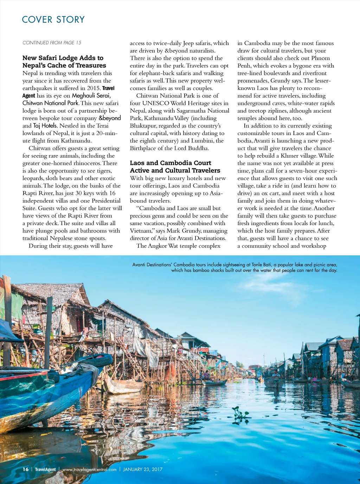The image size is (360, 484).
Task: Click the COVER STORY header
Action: pyautogui.click(x=53, y=20)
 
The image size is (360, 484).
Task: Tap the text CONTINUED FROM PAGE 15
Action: pyautogui.click(x=52, y=43)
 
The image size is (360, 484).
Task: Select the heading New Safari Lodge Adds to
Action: pyautogui.click(x=63, y=58)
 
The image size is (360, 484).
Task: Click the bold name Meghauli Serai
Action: pyautogui.click(x=91, y=96)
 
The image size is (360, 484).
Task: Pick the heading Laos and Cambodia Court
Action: pyautogui.click(x=171, y=163)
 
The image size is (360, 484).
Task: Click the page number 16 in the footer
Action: pyautogui.click(x=25, y=469)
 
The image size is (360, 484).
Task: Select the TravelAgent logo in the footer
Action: pyautogui.click(x=45, y=469)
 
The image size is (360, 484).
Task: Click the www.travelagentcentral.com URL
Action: pyautogui.click(x=89, y=469)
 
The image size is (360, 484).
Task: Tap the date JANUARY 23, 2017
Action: pyautogui.click(x=143, y=469)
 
